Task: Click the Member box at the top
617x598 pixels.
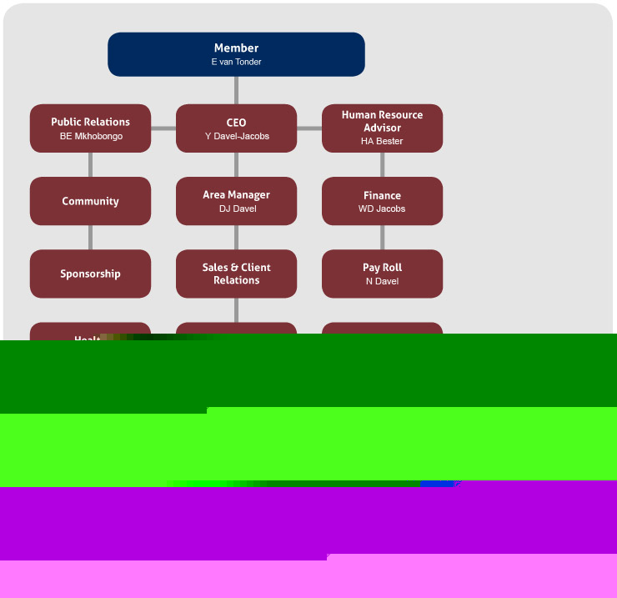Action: point(236,48)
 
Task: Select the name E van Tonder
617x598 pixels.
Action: point(236,63)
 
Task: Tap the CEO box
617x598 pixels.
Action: point(236,123)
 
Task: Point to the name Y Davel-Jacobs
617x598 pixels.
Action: point(237,136)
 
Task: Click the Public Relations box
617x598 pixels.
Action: point(90,122)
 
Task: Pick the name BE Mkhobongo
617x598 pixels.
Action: point(91,136)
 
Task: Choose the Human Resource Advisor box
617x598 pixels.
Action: point(382,121)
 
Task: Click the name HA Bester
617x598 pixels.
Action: point(382,142)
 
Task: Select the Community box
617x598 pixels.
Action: point(90,201)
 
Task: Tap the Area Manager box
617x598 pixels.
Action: point(236,195)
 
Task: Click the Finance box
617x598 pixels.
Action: point(382,195)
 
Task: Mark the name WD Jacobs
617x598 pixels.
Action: point(382,209)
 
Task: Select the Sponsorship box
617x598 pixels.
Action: point(90,274)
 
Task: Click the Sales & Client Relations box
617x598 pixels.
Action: point(236,274)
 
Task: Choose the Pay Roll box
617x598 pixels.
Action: point(382,268)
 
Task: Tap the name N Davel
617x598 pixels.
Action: point(382,281)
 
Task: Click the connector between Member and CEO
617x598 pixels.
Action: point(236,90)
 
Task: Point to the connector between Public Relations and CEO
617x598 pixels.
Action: point(163,128)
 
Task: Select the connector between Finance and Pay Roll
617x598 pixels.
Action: point(382,238)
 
